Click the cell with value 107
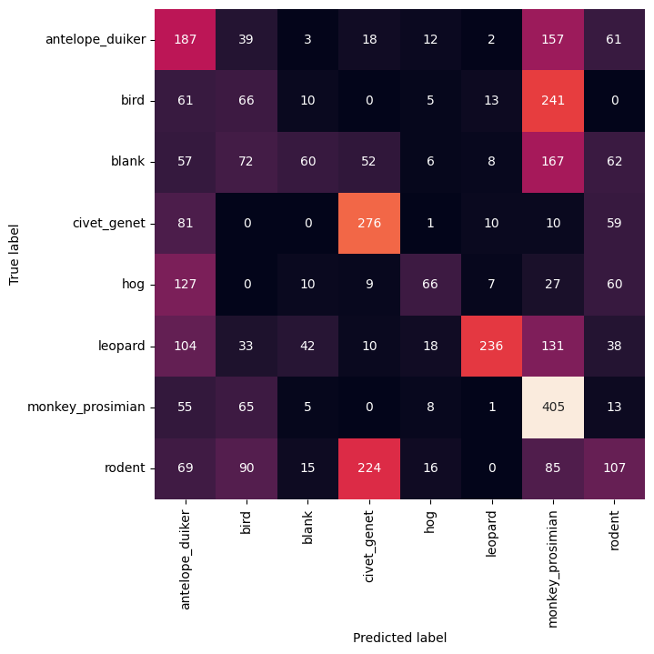click(x=616, y=468)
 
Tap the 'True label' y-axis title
click(x=15, y=253)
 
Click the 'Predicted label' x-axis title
click(x=400, y=638)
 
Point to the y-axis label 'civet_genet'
click(x=107, y=223)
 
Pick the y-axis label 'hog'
click(x=134, y=284)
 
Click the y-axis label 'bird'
click(x=133, y=100)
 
